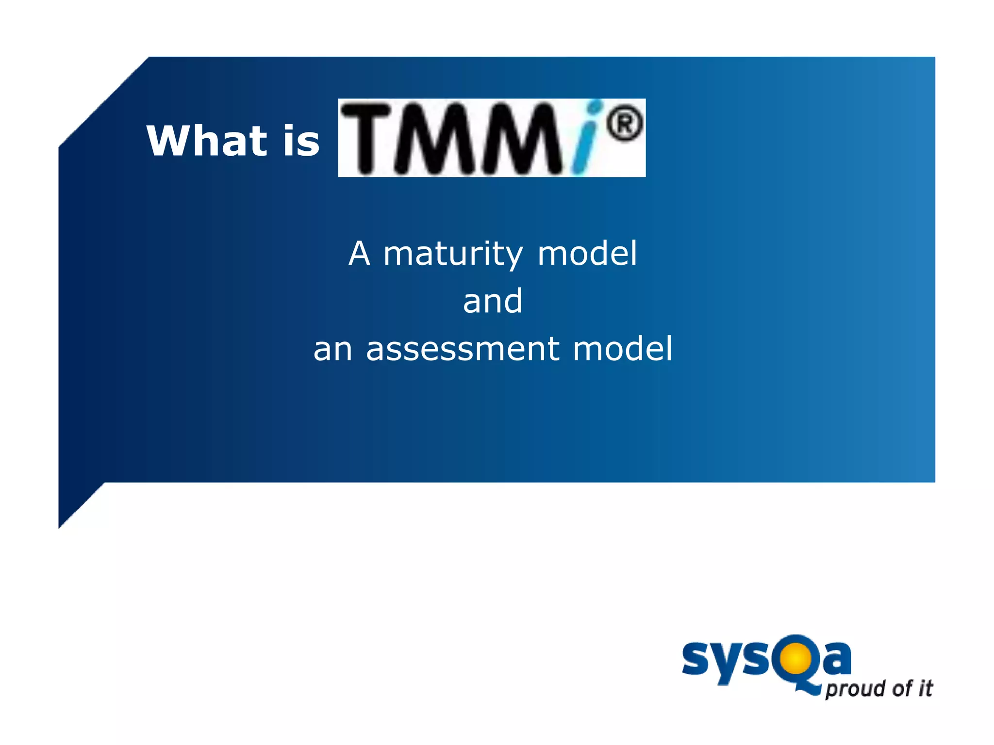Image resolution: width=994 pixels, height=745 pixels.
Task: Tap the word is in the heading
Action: pos(301,141)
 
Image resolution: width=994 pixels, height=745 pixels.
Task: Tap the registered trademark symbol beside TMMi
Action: pos(625,123)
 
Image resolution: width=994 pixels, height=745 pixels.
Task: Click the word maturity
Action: pos(453,254)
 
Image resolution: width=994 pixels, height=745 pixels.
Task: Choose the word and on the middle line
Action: pos(493,301)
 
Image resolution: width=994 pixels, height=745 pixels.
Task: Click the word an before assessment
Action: pos(332,349)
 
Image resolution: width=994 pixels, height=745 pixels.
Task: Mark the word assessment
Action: pos(463,349)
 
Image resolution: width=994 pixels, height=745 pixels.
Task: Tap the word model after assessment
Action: pos(623,349)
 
